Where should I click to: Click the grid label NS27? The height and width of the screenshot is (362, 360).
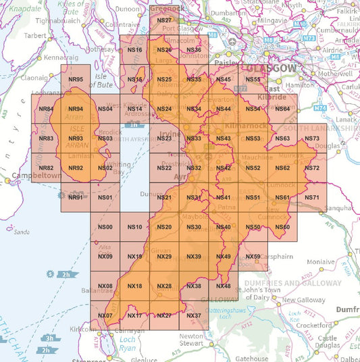164,21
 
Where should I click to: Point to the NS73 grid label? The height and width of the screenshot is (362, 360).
311,138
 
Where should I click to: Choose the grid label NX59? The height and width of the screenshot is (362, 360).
253,257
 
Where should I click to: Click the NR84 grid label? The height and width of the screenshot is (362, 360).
46,109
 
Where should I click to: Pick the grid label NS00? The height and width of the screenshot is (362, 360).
105,227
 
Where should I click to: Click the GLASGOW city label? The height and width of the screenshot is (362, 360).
271,69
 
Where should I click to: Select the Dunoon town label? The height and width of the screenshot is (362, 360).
127,10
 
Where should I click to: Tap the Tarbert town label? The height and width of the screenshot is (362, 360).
35,35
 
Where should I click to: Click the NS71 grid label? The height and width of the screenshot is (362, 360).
311,197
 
